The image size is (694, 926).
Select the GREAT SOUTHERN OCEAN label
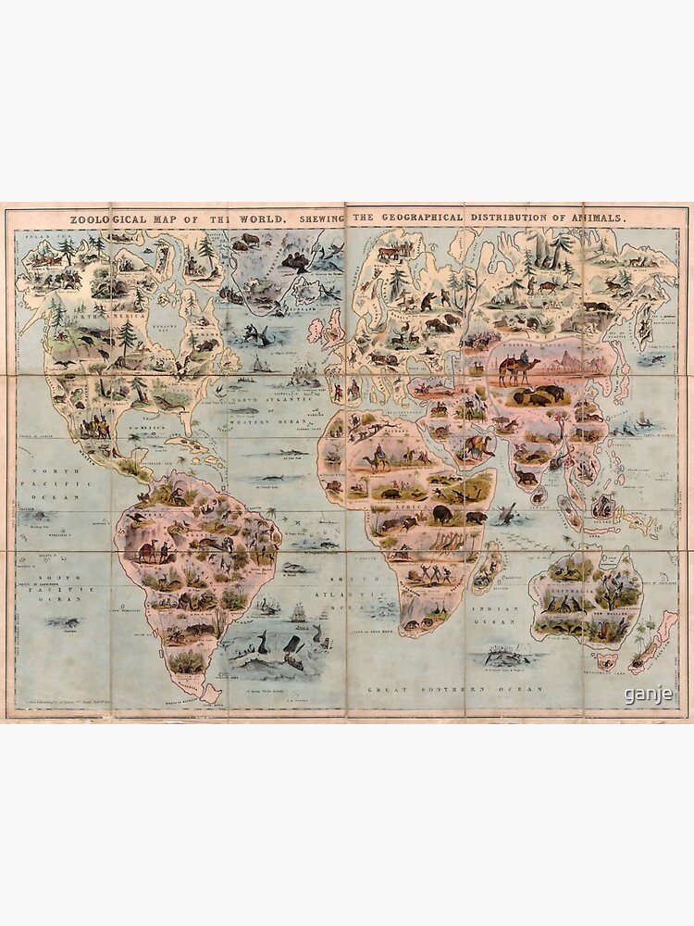pyautogui.click(x=427, y=690)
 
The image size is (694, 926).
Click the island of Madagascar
pyautogui.click(x=486, y=568)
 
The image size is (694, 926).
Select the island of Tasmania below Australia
pyautogui.click(x=606, y=661)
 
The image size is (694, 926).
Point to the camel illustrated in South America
pyautogui.click(x=146, y=552)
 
